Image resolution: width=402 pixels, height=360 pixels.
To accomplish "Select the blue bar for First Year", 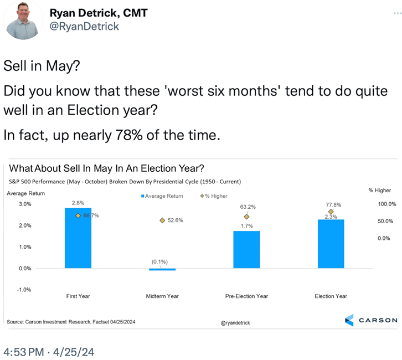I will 78,238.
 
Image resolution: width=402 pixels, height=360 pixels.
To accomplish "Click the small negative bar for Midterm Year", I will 162,269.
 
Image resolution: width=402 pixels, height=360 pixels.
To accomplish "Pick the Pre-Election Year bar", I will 246,249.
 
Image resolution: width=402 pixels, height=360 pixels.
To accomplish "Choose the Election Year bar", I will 331,244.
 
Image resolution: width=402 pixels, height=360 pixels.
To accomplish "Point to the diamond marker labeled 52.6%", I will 162,220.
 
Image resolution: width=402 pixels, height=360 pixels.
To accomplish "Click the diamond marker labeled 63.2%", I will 246,217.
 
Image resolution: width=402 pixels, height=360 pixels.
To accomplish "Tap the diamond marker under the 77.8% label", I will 331,212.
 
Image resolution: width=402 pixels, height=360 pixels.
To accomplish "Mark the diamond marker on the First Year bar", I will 79,215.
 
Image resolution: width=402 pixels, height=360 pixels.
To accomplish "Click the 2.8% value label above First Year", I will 78,203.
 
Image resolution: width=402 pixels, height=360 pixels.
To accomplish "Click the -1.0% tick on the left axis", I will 24,290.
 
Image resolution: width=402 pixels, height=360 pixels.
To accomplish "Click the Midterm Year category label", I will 162,296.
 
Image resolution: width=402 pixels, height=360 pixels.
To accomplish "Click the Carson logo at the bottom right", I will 370,320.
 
